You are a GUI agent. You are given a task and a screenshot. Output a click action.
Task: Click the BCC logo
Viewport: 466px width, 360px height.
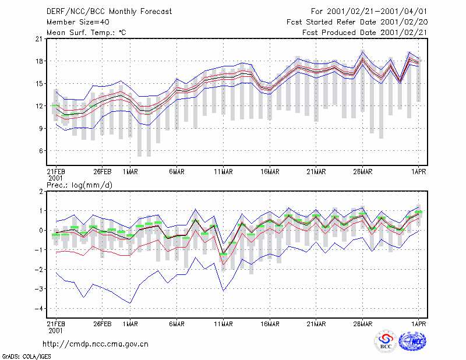pyautogui.click(x=386, y=341)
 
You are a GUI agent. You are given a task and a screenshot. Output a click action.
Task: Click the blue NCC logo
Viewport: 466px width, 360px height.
pyautogui.click(x=412, y=341)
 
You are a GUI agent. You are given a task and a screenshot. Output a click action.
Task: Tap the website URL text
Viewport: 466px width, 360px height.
pyautogui.click(x=96, y=344)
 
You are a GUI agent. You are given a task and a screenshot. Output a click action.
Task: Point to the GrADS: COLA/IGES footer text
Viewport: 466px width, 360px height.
pyautogui.click(x=26, y=357)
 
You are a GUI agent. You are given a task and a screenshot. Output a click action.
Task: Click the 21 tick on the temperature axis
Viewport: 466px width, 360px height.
pyautogui.click(x=39, y=38)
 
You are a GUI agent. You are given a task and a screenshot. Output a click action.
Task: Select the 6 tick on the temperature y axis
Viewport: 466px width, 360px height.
pyautogui.click(x=41, y=151)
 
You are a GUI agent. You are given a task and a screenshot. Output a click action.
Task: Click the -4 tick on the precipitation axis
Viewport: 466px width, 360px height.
pyautogui.click(x=38, y=308)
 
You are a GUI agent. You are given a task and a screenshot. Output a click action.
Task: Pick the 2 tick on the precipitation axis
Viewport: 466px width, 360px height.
pyautogui.click(x=41, y=192)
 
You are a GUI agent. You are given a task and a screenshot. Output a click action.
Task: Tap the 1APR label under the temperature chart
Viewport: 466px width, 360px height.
pyautogui.click(x=418, y=172)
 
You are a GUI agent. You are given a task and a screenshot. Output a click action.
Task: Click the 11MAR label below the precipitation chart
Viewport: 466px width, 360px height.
pyautogui.click(x=223, y=324)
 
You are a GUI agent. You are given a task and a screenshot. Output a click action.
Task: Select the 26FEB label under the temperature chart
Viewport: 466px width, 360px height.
pyautogui.click(x=103, y=172)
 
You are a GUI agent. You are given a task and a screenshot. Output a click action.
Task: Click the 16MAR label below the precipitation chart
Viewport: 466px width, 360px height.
pyautogui.click(x=270, y=324)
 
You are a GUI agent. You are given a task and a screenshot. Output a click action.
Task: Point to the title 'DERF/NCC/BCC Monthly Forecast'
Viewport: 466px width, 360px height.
pyautogui.click(x=110, y=12)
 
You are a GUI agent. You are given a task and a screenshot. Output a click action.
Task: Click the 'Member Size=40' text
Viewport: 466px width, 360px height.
pyautogui.click(x=78, y=22)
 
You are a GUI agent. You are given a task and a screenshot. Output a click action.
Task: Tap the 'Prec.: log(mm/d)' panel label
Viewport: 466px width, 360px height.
pyautogui.click(x=80, y=185)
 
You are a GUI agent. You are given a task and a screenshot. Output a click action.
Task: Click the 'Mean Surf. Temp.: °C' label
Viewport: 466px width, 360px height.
pyautogui.click(x=86, y=33)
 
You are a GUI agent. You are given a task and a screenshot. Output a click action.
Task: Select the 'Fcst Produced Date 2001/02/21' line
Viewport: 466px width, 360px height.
pyautogui.click(x=365, y=33)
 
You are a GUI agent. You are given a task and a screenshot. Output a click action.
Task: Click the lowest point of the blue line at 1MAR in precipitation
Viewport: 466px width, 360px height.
pyautogui.click(x=130, y=303)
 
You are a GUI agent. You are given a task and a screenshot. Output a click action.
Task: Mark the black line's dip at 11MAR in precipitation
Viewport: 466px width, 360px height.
pyautogui.click(x=223, y=253)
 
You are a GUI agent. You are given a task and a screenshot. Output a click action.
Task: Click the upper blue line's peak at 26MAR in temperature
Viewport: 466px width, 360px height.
pyautogui.click(x=362, y=52)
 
